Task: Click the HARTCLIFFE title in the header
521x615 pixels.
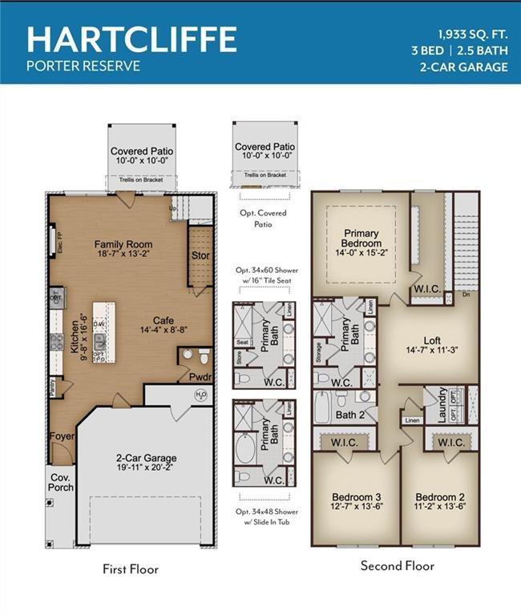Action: coord(131,38)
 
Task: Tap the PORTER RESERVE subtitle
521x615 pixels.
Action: coord(83,66)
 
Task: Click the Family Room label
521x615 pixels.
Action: coord(123,244)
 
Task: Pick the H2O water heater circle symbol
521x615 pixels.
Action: coord(201,395)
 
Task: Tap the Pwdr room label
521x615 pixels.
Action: coord(200,376)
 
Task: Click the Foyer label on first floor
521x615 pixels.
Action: coord(62,437)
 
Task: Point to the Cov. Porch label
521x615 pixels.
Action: coord(61,482)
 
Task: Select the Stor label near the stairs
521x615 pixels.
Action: coord(200,256)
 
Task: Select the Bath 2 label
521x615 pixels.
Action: coord(349,415)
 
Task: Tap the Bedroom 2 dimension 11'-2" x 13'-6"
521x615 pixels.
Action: coord(439,507)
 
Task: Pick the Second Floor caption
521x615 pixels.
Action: coord(397,566)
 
